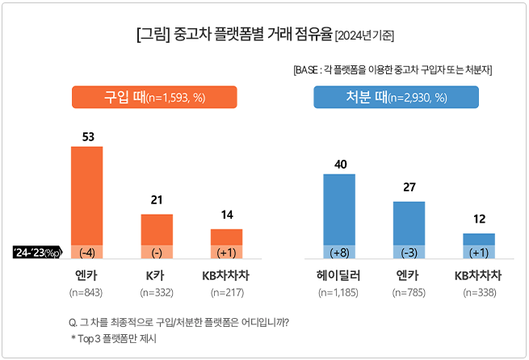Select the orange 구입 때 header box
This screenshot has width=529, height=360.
tap(154, 98)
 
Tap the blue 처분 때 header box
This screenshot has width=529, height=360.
tap(396, 98)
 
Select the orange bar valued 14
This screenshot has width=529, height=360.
tap(226, 237)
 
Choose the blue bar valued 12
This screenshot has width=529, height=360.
tap(478, 238)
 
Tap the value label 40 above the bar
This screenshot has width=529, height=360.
tap(340, 164)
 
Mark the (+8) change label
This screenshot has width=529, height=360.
tap(340, 251)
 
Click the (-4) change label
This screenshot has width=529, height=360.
tap(87, 251)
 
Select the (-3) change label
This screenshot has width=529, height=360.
tap(409, 251)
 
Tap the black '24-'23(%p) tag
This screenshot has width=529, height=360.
tap(37, 252)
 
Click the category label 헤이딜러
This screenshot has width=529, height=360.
tap(340, 276)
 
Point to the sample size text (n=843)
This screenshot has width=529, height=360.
tap(87, 291)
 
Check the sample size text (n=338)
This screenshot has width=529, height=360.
tap(478, 291)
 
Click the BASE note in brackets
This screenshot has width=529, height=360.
tap(393, 70)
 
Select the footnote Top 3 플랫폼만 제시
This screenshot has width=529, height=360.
tap(114, 339)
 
